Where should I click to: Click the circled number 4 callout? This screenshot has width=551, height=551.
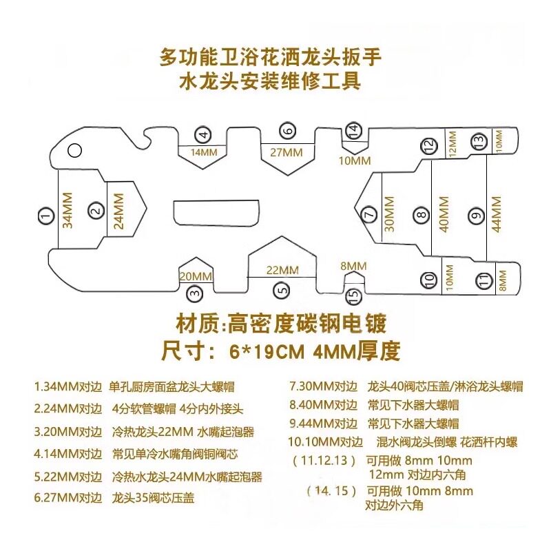[x=201, y=134]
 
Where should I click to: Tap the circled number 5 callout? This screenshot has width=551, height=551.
[x=280, y=291]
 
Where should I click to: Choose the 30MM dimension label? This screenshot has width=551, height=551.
[x=389, y=214]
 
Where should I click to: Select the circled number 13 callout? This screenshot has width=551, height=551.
[x=477, y=138]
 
